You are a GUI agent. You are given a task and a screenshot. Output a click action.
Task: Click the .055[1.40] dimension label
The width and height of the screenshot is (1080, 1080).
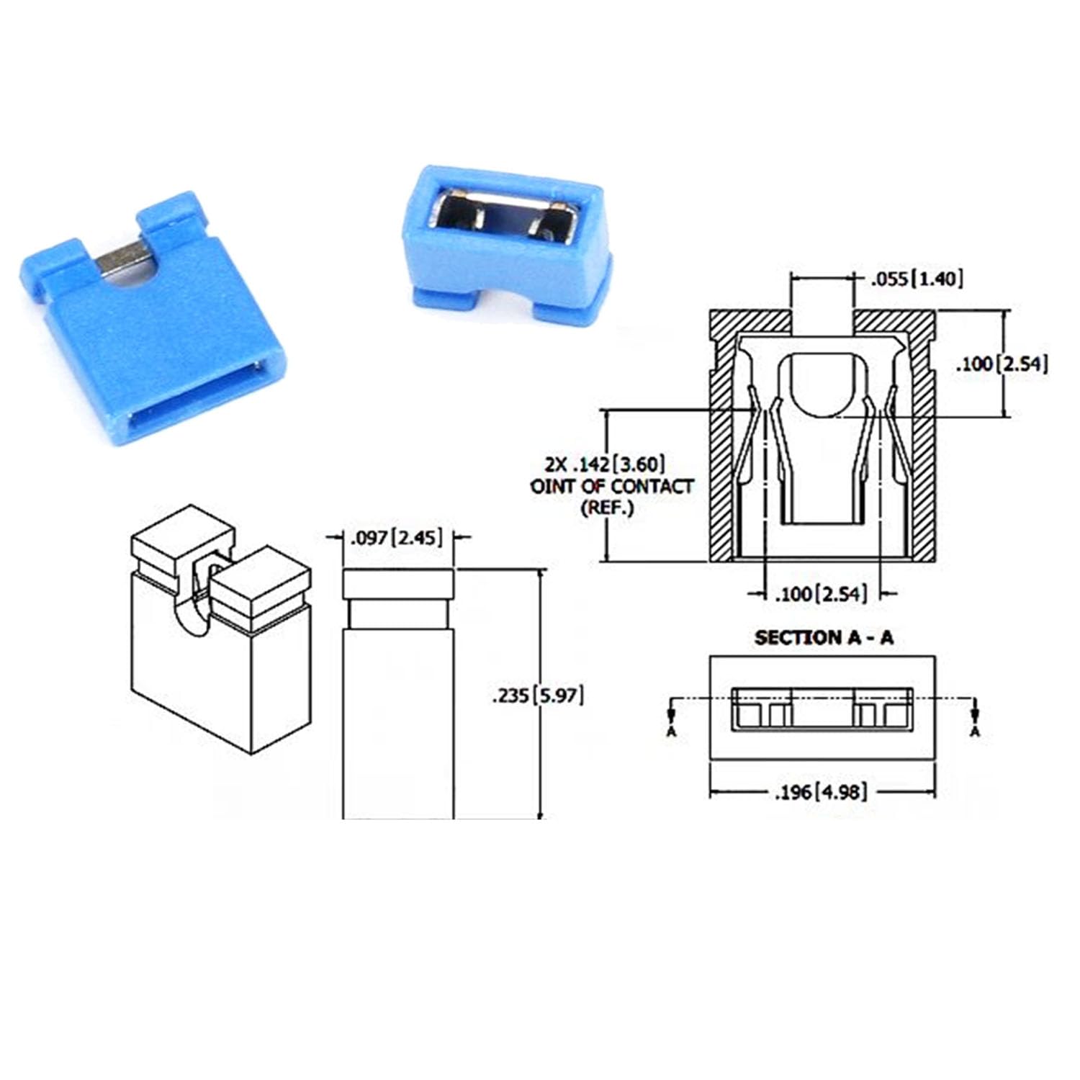(x=916, y=279)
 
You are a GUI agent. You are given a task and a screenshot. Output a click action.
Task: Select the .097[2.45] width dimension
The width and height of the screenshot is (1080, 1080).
(x=395, y=537)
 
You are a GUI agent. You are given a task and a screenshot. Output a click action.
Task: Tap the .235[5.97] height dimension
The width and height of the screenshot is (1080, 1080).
(x=537, y=696)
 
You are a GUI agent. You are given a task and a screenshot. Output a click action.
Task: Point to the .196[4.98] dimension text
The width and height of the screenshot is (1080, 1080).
(x=820, y=792)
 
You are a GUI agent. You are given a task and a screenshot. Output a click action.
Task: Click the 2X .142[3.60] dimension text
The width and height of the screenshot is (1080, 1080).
(x=605, y=463)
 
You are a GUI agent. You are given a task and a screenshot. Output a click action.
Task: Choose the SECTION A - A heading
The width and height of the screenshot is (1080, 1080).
(x=823, y=637)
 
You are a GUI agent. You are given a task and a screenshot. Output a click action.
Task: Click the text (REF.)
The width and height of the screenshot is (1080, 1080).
(x=608, y=508)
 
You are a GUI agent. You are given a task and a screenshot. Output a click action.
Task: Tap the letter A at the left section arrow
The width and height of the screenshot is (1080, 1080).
(x=671, y=731)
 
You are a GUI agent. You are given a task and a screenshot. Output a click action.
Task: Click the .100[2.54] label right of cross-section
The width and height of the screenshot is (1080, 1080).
(x=1001, y=364)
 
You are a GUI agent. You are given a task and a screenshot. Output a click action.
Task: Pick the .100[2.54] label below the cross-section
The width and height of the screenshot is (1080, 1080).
(x=821, y=594)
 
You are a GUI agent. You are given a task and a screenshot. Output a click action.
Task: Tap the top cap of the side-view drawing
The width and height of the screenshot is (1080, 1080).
(x=398, y=583)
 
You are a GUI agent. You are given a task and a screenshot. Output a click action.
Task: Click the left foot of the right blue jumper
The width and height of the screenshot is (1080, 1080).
(x=439, y=297)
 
